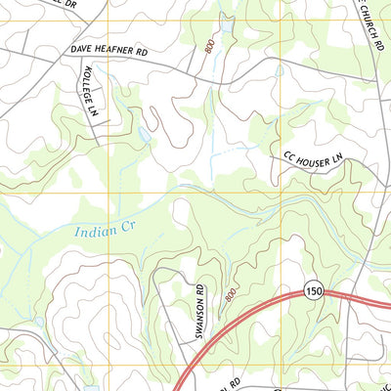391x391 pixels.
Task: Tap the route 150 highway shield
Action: [x=313, y=291]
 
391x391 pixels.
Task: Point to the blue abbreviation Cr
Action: [x=127, y=228]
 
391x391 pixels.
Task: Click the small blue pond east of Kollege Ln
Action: [x=144, y=133]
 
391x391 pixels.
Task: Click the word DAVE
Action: [x=80, y=48]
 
